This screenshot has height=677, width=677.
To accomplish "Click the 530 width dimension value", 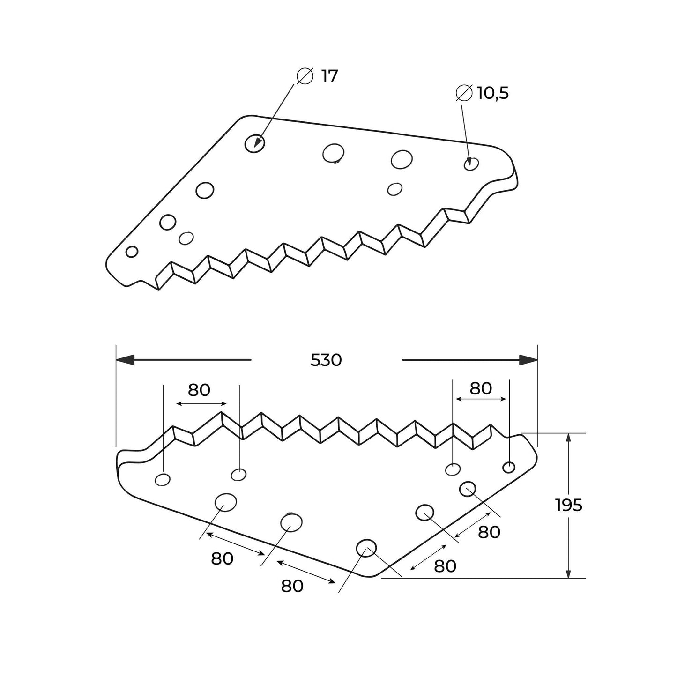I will pyautogui.click(x=326, y=360).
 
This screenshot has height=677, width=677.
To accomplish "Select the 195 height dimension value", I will pyautogui.click(x=569, y=505).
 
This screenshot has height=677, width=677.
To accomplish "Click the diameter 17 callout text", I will pyautogui.click(x=329, y=76).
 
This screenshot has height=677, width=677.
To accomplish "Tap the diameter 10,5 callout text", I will pyautogui.click(x=492, y=93).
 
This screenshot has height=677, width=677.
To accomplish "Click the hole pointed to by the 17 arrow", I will pyautogui.click(x=255, y=142).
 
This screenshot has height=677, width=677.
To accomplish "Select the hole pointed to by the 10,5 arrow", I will pyautogui.click(x=471, y=164).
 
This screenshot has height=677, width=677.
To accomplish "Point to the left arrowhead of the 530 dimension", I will pyautogui.click(x=125, y=360).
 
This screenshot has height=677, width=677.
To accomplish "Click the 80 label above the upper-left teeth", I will pyautogui.click(x=199, y=390).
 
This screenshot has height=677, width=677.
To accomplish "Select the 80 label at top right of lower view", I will pyautogui.click(x=481, y=388).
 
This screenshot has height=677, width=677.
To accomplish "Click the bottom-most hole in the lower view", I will pyautogui.click(x=366, y=548).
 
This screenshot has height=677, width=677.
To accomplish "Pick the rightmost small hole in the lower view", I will pyautogui.click(x=509, y=467).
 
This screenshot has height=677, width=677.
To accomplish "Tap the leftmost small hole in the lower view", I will pyautogui.click(x=163, y=479).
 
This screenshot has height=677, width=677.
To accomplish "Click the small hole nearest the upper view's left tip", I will pyautogui.click(x=132, y=252).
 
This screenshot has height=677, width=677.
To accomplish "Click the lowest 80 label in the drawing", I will pyautogui.click(x=292, y=586).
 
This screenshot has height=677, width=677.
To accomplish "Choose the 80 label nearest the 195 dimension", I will pyautogui.click(x=489, y=532).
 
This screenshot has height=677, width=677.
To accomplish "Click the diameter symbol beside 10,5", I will pyautogui.click(x=463, y=93).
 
